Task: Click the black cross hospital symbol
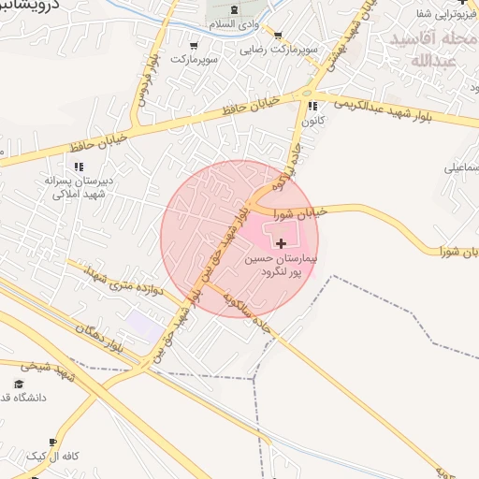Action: [283, 243]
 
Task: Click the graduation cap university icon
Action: [19, 385]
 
